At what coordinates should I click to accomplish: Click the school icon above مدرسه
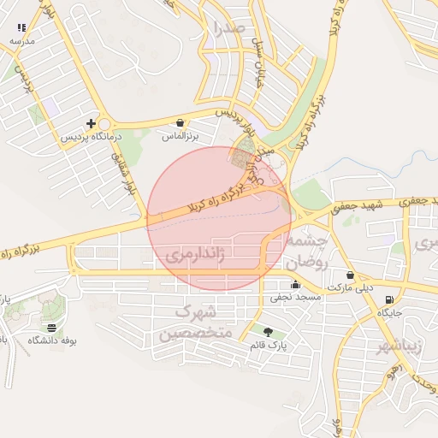pos(21,28)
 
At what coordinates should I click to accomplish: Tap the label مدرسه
pos(21,41)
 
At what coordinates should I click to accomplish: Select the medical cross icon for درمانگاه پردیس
pos(92,123)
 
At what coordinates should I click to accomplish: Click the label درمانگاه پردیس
pos(92,137)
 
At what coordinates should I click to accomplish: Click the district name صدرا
pos(232,28)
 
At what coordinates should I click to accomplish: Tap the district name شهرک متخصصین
pos(196,322)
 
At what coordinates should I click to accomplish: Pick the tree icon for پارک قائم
pos(269,332)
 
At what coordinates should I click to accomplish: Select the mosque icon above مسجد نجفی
pos(296,285)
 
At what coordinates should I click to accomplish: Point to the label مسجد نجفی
pos(296,299)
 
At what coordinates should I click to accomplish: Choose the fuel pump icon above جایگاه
pos(390,299)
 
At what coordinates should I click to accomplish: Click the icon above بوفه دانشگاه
pos(52,328)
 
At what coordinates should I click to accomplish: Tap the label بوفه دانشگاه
pos(52,340)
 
